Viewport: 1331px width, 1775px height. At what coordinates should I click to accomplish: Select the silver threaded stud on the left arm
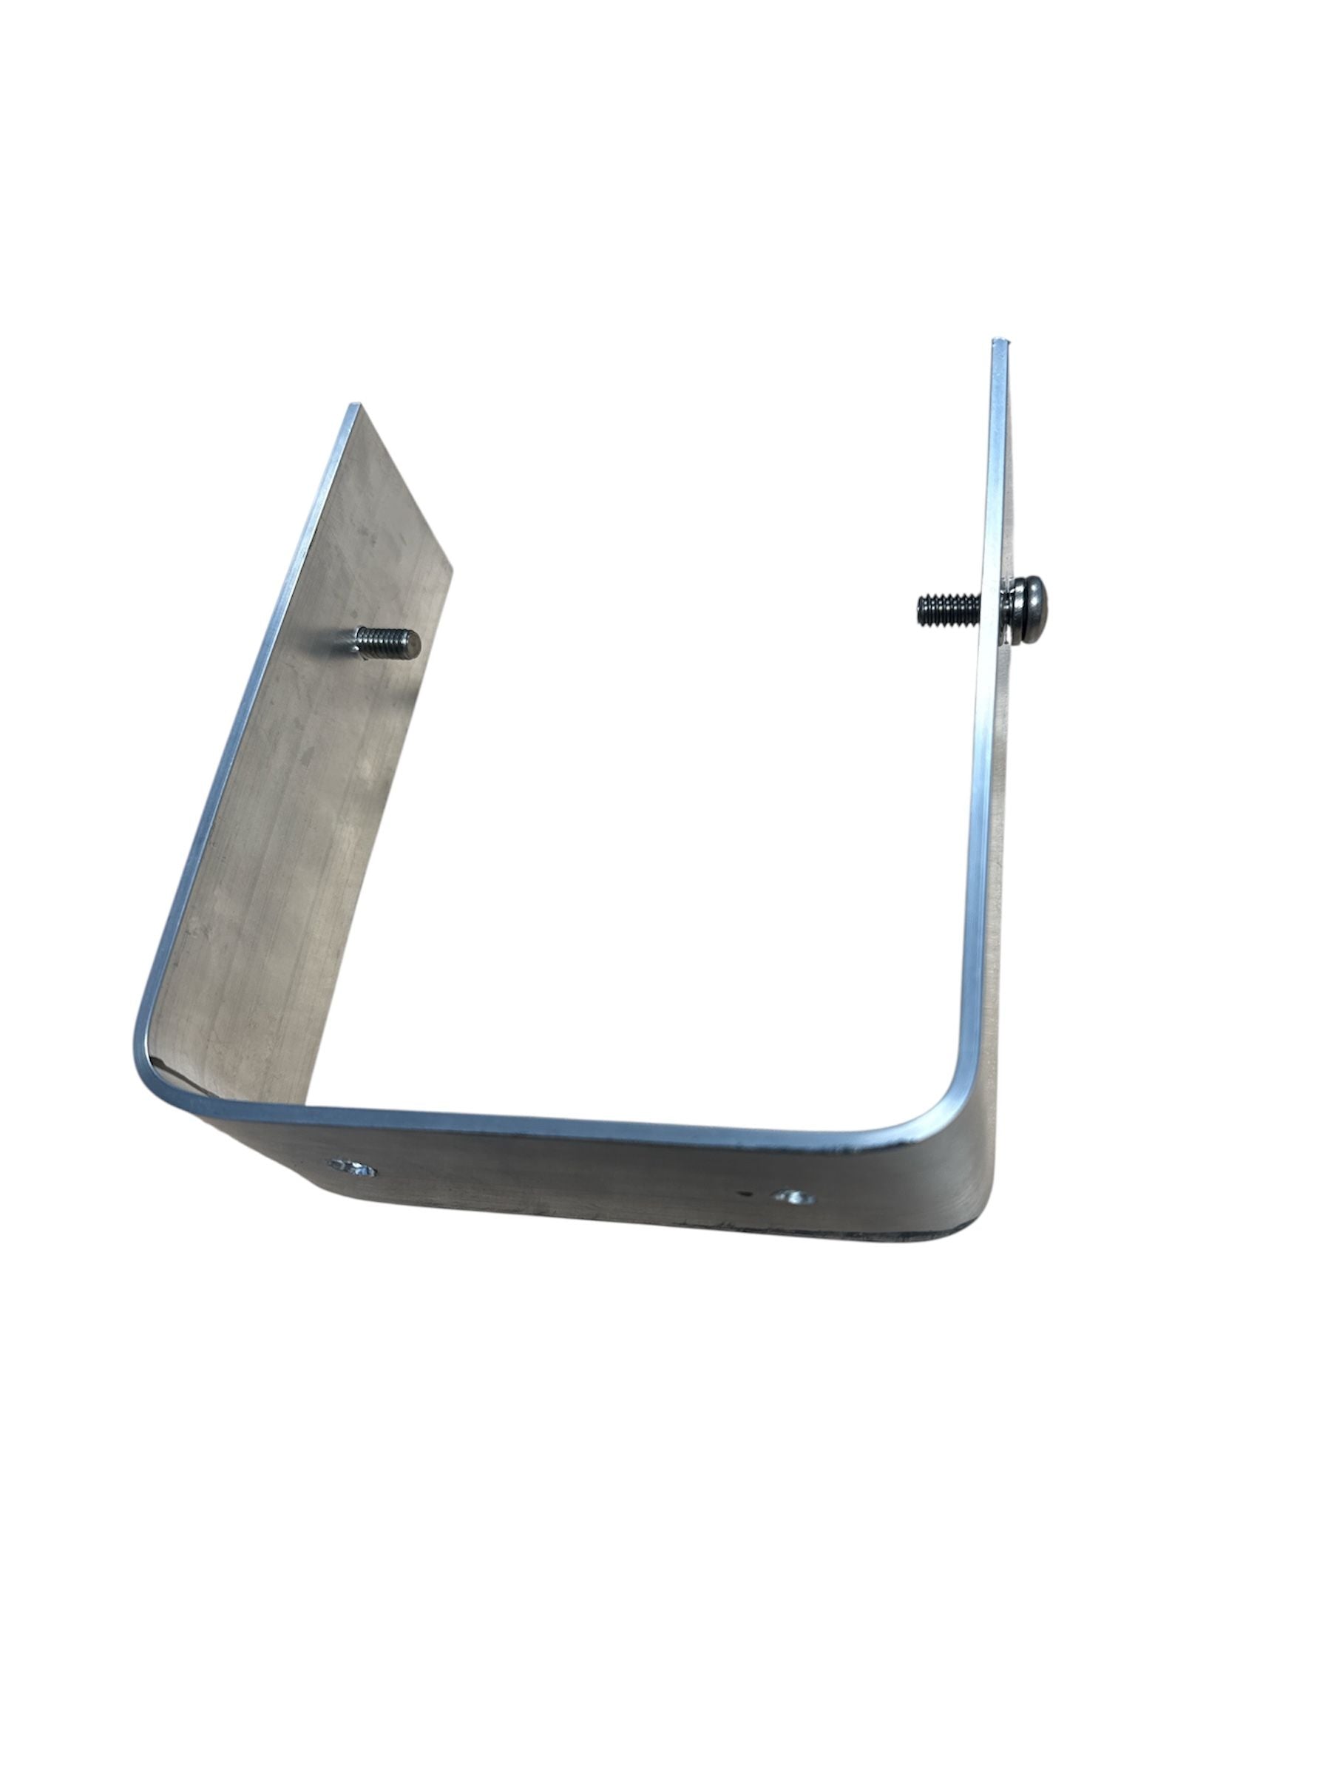tap(385, 642)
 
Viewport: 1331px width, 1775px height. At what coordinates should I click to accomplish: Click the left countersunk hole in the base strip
tap(351, 1169)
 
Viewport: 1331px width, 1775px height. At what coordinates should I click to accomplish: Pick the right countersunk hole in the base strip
tap(793, 1198)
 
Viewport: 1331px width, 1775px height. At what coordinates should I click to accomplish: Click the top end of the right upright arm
tap(1000, 343)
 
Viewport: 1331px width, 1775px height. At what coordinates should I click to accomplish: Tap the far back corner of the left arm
tap(450, 572)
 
